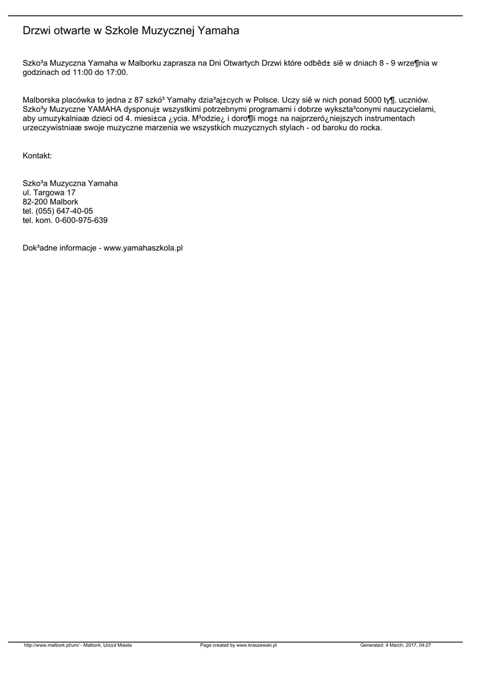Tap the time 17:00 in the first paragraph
coord(116,72)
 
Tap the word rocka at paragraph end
coord(371,128)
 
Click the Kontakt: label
coord(37,156)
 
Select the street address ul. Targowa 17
coord(49,192)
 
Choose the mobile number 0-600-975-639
coord(82,220)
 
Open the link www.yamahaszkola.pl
coord(143,248)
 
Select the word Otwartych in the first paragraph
coord(241,63)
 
